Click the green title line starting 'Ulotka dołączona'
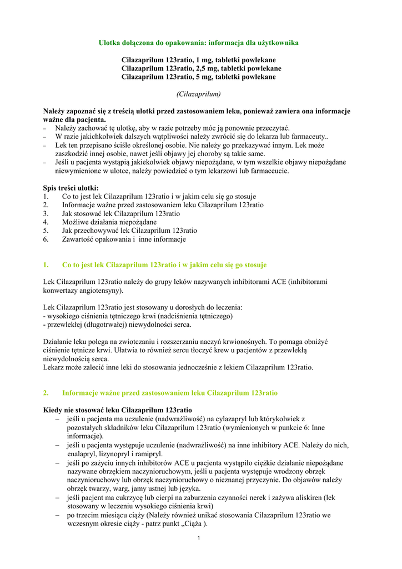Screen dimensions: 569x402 198,43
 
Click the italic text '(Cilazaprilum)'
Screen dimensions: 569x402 198,94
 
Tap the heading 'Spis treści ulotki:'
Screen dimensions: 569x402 71,188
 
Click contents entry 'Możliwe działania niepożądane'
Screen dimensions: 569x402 109,222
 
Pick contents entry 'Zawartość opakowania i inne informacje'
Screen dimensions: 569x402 124,239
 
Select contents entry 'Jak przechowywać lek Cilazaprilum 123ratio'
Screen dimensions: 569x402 129,231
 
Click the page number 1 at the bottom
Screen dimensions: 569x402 198,538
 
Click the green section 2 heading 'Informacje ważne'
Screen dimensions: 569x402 170,393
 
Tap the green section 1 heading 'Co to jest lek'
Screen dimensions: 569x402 164,265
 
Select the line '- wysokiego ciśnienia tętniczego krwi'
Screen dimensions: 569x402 138,316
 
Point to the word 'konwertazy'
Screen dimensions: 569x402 62,291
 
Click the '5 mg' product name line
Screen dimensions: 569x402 198,77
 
